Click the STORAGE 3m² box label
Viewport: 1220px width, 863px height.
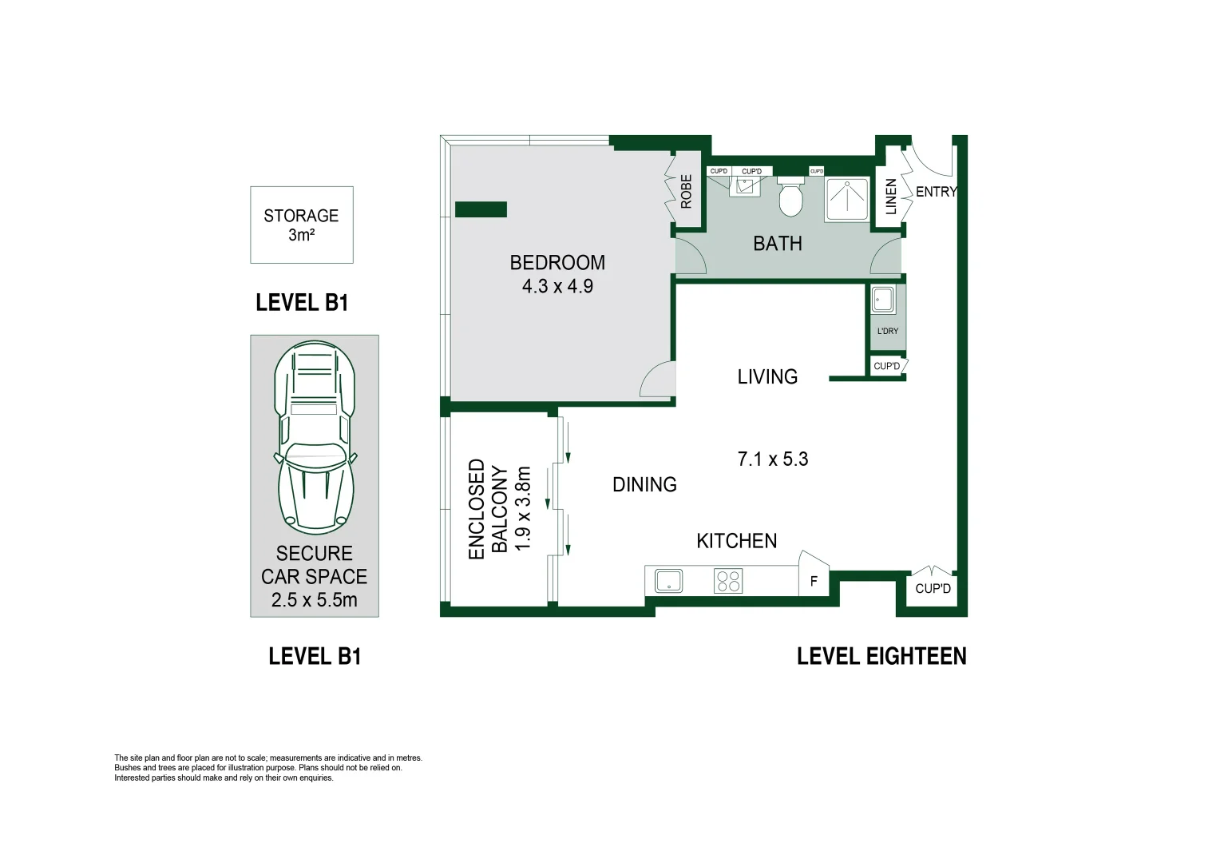[x=301, y=225]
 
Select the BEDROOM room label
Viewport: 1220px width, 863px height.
[x=557, y=262]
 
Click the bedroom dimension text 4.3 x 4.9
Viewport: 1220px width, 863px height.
[x=557, y=286]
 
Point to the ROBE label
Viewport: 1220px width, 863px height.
[x=686, y=192]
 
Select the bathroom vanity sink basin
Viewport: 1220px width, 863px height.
[x=746, y=187]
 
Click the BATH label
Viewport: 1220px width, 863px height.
[x=777, y=244]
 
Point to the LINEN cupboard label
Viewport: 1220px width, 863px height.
[x=891, y=196]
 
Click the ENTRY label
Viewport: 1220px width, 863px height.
[x=935, y=192]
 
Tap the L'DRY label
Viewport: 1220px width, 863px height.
[x=887, y=331]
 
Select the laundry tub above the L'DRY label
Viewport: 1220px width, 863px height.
[x=883, y=301]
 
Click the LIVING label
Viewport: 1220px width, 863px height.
[x=767, y=376]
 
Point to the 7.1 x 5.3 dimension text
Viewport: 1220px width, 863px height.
[x=772, y=459]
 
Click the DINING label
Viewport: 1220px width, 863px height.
[x=644, y=484]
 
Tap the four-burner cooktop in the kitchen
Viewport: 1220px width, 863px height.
[x=728, y=581]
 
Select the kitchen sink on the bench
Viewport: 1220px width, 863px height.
[x=668, y=581]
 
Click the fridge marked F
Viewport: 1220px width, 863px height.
[x=814, y=581]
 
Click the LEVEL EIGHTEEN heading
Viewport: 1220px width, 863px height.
[x=881, y=656]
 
